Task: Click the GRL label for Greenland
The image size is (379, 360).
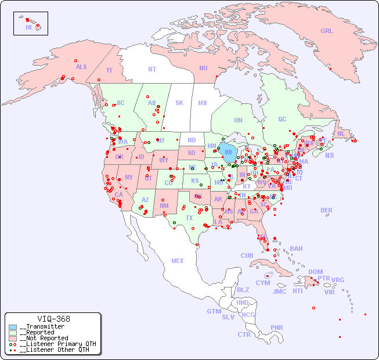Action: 327,31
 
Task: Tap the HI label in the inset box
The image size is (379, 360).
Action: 28,27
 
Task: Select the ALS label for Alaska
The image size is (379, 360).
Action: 81,67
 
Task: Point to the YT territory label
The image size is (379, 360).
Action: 109,70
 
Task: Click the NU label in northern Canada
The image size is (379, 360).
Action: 203,68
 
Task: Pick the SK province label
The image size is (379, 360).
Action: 179,103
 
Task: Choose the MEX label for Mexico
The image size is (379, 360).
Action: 177,261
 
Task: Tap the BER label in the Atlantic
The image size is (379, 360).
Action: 326,210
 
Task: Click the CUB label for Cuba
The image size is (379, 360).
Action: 247,255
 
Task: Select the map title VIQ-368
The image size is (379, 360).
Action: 53,319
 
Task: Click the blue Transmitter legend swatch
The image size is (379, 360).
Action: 13,327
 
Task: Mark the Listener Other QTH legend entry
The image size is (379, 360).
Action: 55,350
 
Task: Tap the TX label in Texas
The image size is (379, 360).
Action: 189,218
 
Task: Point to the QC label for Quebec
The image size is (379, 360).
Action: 282,119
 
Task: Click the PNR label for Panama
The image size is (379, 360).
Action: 277,327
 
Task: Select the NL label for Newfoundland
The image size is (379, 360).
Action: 341,134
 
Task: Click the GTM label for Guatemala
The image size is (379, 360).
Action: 214,311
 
